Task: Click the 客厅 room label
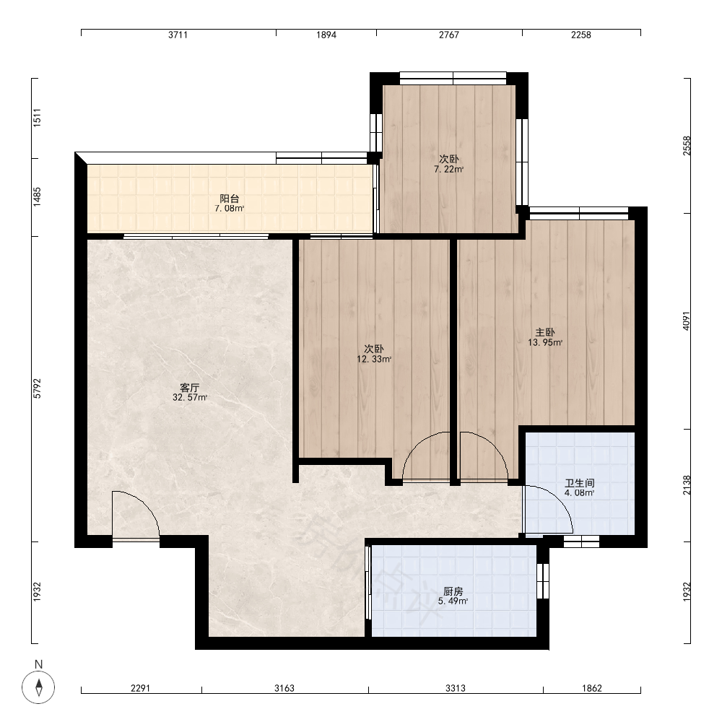190,387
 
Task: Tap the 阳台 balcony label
230,199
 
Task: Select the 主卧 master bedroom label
545,332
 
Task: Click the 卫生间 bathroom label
580,483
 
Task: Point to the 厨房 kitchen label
453,591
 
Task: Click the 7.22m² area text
448,169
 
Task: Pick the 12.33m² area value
374,359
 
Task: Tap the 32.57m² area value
190,397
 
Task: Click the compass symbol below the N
39,687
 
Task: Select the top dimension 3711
178,35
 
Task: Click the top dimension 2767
449,35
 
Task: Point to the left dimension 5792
38,388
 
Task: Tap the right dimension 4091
687,321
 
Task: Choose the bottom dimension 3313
456,688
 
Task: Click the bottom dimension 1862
592,688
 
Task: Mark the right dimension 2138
687,485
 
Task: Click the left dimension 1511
38,118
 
